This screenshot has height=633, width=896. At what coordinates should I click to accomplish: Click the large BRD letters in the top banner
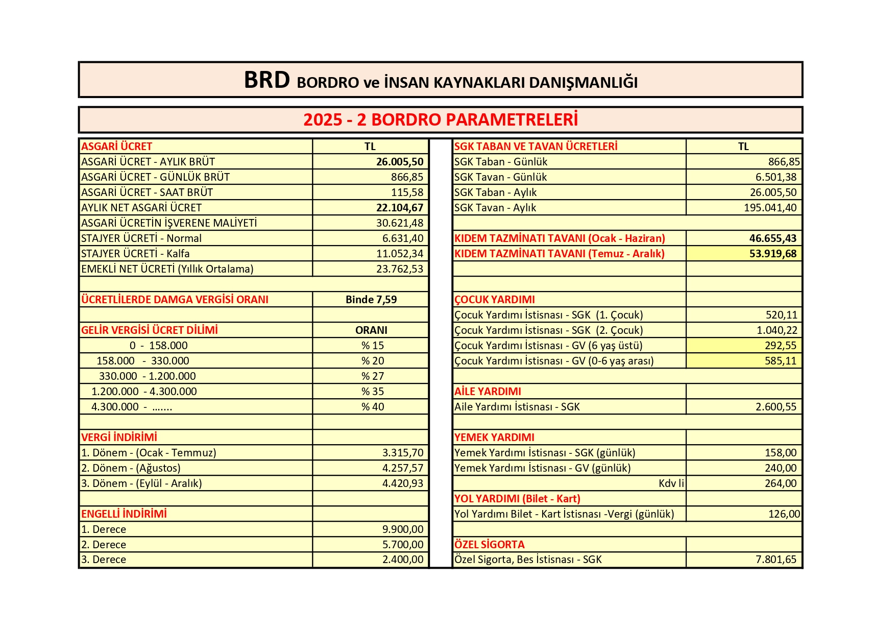(267, 80)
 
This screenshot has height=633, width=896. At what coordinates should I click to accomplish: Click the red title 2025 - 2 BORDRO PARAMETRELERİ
(440, 119)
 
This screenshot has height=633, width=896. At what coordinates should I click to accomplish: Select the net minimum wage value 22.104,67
(400, 208)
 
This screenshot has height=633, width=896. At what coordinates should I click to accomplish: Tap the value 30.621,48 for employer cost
(400, 223)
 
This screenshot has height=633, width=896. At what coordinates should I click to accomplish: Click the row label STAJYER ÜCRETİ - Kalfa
(135, 254)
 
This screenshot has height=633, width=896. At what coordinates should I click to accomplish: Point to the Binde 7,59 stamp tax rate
(371, 300)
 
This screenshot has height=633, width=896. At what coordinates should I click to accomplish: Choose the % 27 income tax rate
(372, 376)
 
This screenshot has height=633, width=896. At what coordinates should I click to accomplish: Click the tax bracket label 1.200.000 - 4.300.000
(144, 392)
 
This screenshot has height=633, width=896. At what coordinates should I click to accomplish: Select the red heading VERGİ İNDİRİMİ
(119, 437)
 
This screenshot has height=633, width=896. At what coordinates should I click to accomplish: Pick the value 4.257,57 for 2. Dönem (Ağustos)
(402, 468)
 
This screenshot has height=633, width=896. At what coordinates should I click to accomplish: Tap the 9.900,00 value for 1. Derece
(402, 529)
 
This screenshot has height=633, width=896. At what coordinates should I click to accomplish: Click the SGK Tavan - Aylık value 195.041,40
(770, 208)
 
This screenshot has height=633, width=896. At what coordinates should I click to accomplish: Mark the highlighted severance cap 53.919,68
(772, 254)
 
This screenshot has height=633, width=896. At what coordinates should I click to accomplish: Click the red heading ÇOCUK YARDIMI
(494, 300)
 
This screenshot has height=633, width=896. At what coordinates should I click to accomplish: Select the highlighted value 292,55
(780, 346)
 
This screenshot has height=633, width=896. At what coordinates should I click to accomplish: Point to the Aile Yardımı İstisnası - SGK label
(517, 407)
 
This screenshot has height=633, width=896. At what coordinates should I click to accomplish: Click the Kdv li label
(671, 483)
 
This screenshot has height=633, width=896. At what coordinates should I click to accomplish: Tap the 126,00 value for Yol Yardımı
(784, 514)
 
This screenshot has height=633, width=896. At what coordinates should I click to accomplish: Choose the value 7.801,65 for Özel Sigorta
(776, 559)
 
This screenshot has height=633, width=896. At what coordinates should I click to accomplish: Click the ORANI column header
(371, 330)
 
